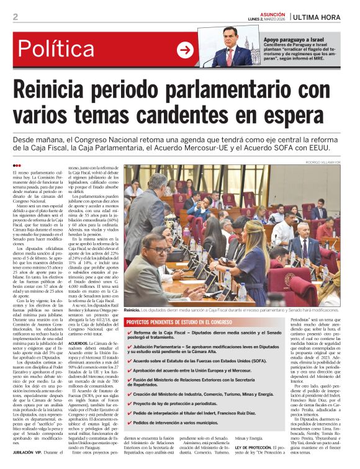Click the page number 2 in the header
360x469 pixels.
tap(15, 17)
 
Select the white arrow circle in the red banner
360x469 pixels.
tap(185, 50)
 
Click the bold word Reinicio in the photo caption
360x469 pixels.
tap(132, 309)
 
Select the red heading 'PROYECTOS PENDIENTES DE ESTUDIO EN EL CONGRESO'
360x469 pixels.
tap(180, 323)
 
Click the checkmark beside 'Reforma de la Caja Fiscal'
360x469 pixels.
tap(129, 333)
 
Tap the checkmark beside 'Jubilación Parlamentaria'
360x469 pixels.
tap(129, 347)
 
